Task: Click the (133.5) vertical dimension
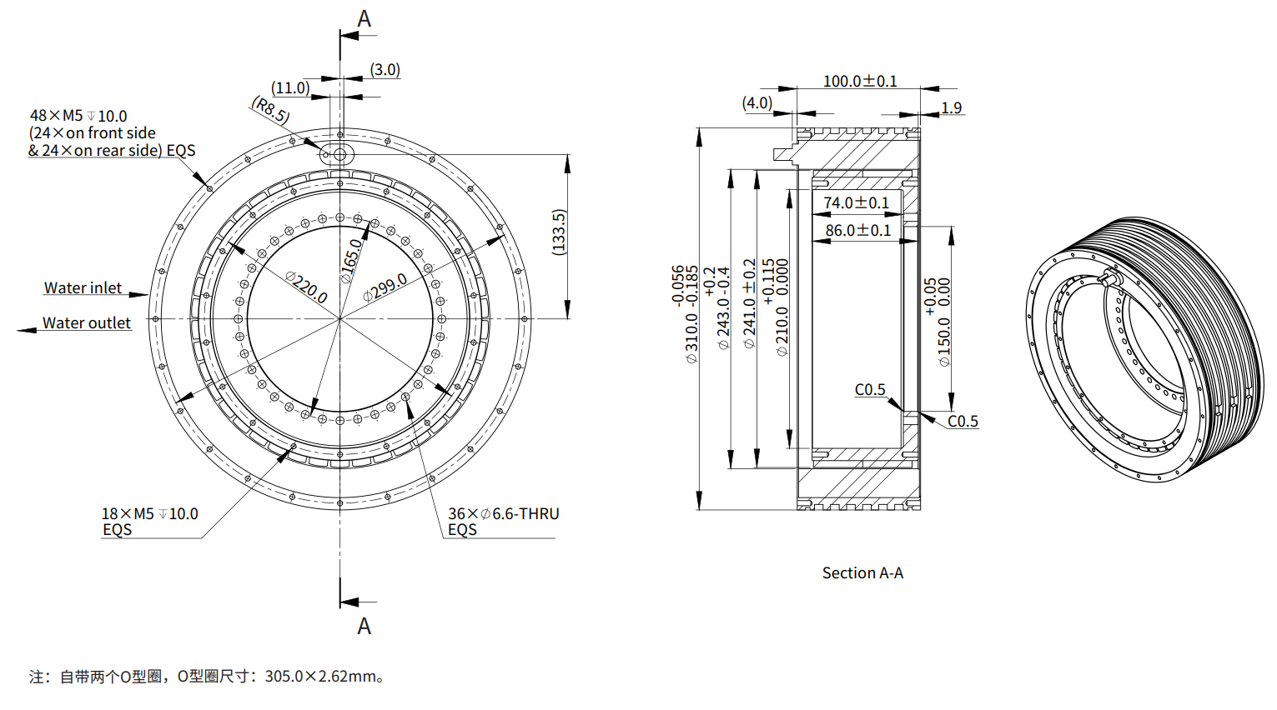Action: [x=559, y=232]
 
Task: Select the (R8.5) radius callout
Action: [x=270, y=110]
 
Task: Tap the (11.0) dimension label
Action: [x=290, y=87]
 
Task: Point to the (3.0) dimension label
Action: [x=385, y=69]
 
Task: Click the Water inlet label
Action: [x=83, y=287]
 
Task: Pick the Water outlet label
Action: [x=87, y=322]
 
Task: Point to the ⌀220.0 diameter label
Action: [x=306, y=287]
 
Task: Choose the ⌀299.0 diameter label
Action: [x=385, y=287]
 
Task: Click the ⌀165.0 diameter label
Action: [x=351, y=261]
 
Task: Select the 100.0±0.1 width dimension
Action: [x=860, y=81]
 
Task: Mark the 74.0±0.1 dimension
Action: [x=856, y=202]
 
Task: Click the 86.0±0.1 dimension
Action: [x=857, y=230]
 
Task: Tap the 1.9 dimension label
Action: [x=951, y=107]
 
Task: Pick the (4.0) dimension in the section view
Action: [x=757, y=102]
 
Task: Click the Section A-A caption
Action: [x=862, y=572]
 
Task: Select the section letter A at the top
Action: [x=364, y=18]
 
